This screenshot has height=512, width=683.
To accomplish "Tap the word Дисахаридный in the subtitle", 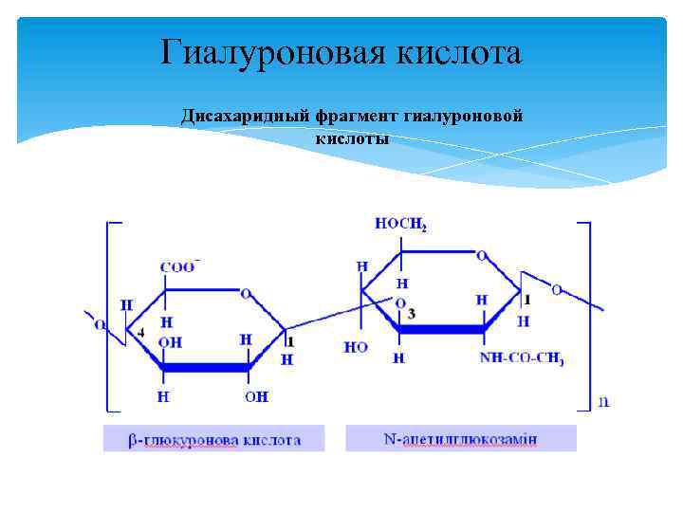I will pyautogui.click(x=240, y=117).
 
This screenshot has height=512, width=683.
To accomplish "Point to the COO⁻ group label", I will pyautogui.click(x=178, y=267).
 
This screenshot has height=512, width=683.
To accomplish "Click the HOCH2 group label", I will pyautogui.click(x=400, y=224).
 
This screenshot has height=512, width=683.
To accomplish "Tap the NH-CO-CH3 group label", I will pyautogui.click(x=522, y=359).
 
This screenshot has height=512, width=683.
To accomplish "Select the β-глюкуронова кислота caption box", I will pyautogui.click(x=214, y=439).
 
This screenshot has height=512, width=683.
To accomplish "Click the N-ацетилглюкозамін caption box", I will pyautogui.click(x=461, y=439).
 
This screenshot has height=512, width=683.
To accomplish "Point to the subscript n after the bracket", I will pyautogui.click(x=603, y=401).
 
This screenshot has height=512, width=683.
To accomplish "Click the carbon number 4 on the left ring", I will pyautogui.click(x=140, y=332).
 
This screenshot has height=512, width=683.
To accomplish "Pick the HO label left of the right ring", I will pyautogui.click(x=356, y=347).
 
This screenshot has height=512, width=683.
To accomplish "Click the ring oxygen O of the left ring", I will pyautogui.click(x=246, y=294).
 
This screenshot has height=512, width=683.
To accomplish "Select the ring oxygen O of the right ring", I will pyautogui.click(x=481, y=255).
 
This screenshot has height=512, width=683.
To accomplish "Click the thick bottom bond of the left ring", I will pyautogui.click(x=205, y=367).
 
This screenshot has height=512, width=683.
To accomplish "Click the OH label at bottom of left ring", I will pyautogui.click(x=256, y=396).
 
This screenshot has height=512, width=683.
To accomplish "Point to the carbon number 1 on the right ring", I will pyautogui.click(x=527, y=299).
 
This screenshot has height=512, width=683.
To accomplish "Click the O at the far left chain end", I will pyautogui.click(x=100, y=323).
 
